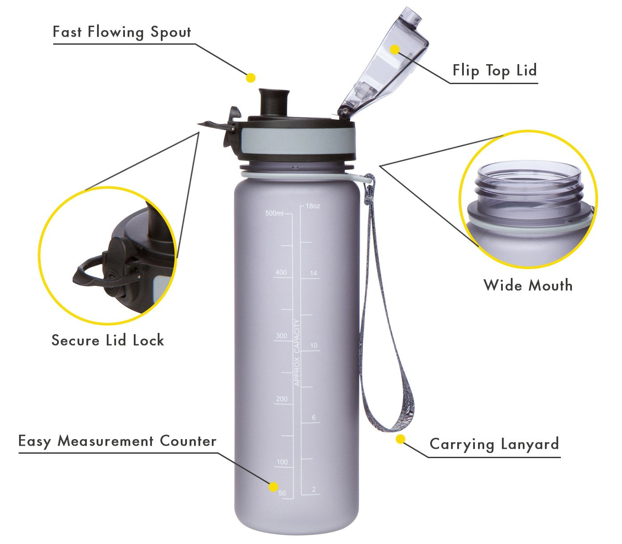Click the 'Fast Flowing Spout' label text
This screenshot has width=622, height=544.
[x=122, y=32]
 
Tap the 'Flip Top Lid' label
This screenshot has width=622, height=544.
[x=494, y=71]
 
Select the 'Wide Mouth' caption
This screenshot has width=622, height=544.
[x=528, y=286]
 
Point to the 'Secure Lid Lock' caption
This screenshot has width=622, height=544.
[x=108, y=340]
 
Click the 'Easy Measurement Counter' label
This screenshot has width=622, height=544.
[x=117, y=441]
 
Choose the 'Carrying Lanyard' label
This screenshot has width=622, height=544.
[x=494, y=444]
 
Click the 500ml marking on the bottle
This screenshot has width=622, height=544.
[x=274, y=213]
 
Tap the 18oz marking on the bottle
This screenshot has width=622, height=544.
[x=312, y=206]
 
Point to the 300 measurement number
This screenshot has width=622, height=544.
[x=281, y=336]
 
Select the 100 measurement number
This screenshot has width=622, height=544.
[x=282, y=462]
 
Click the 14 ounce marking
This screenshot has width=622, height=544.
[x=313, y=273]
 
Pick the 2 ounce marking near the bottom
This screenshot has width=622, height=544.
[x=314, y=489]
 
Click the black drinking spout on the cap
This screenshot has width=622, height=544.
[x=274, y=101]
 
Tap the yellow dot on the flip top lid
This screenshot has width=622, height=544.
[x=394, y=49]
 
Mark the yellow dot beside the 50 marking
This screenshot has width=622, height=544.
[x=273, y=487]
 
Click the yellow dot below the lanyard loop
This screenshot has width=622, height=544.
[x=400, y=439]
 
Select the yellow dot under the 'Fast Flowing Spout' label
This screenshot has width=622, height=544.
[x=250, y=78]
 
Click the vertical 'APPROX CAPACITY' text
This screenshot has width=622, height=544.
[x=297, y=352]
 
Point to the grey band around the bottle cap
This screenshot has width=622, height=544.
[x=298, y=141]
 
